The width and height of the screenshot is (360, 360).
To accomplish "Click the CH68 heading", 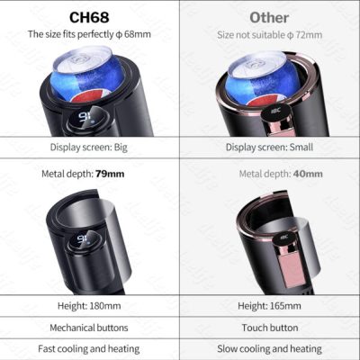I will pos(90,16).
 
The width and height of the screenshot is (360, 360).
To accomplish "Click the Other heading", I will pos(270,16).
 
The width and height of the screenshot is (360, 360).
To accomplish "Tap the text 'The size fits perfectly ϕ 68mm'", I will pos(90,34).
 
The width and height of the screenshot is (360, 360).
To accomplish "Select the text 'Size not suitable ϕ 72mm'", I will pos(270,34).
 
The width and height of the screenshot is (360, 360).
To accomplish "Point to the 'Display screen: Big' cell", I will pos(90,148).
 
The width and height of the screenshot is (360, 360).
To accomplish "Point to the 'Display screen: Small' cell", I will pos(270,148).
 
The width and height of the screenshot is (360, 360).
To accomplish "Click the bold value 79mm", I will pos(112,173).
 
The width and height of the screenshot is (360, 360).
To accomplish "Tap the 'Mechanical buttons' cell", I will pos(90,328).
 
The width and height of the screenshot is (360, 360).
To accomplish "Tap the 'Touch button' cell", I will pos(270,328).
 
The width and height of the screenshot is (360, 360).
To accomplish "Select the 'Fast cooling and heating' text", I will pos(90,348).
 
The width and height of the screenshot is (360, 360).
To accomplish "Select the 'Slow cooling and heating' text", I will pos(270,348).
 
